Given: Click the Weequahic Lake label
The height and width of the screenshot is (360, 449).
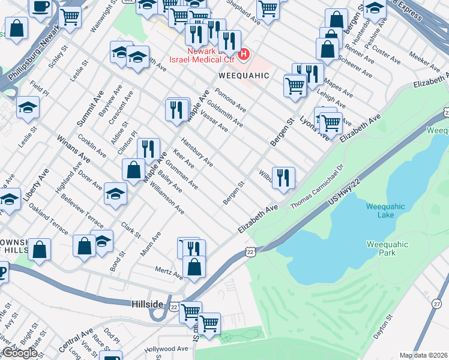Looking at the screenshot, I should click(x=385, y=212).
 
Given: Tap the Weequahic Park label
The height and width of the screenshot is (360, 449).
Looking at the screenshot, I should click(x=388, y=248).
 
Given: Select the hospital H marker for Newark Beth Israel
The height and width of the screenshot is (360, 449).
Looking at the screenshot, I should click(x=244, y=55).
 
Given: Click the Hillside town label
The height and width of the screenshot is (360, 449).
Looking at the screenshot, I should click(x=147, y=305).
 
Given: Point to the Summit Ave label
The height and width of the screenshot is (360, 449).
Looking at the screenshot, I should click(x=86, y=108).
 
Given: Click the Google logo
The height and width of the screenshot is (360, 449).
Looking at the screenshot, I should click(x=20, y=353).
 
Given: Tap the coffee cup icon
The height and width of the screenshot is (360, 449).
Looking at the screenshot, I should click(x=41, y=7).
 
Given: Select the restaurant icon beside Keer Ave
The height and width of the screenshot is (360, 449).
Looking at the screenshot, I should click(x=148, y=148).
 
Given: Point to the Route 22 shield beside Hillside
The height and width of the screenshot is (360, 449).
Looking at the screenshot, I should click(x=173, y=307).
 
